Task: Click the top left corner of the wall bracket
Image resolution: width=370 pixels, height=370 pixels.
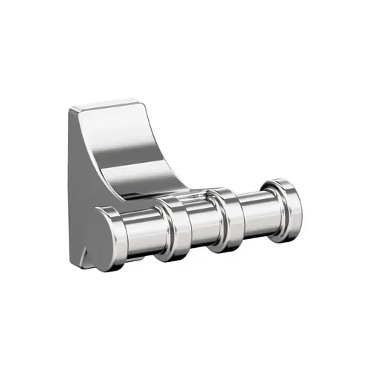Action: coord(71,111)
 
